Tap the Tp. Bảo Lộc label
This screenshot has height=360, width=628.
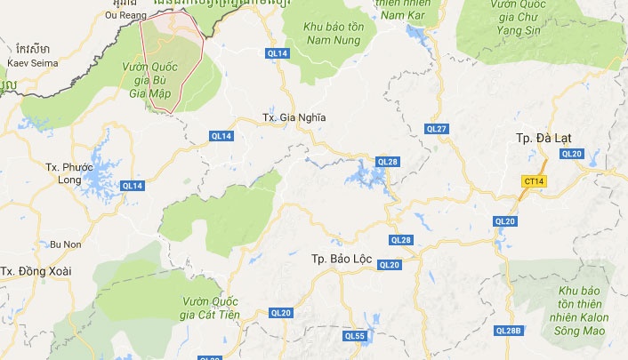pos(342,259)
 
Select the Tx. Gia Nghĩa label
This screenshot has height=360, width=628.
pos(294,117)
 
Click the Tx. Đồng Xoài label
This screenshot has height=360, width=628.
pos(35,270)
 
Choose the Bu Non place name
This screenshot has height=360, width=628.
pos(66,244)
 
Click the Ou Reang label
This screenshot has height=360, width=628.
pos(123,15)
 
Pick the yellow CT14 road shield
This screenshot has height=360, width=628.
pos(534,180)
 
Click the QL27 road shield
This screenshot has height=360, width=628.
pos(437,129)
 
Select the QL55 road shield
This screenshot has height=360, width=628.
pos(355,335)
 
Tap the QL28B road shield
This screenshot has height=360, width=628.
pos(508,331)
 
